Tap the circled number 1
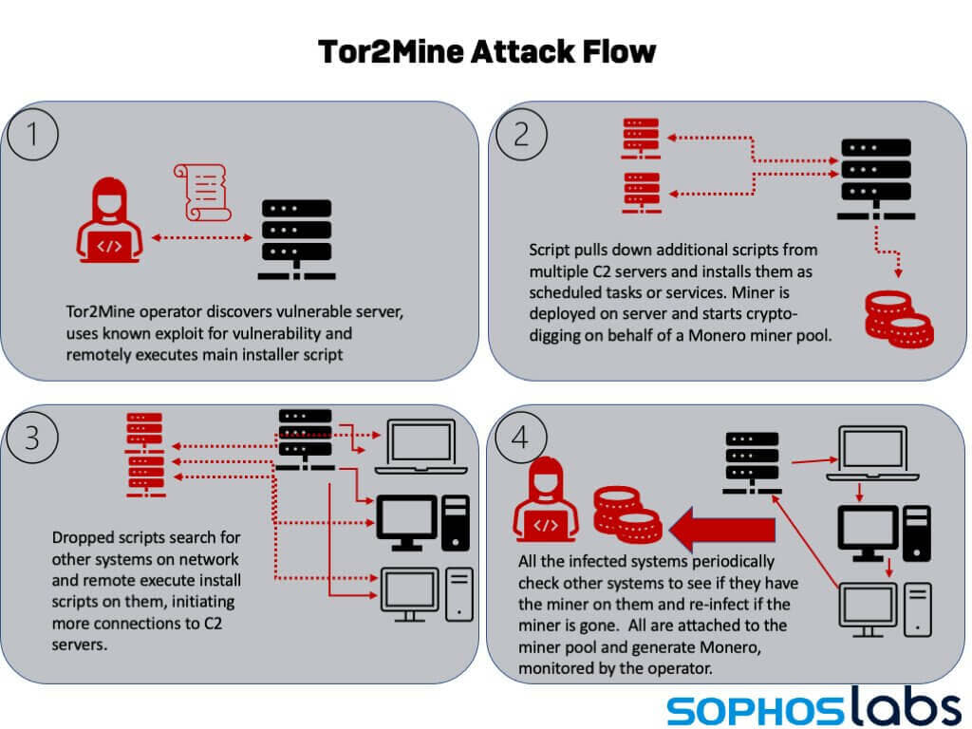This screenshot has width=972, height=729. (33, 134)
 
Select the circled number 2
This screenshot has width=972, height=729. (521, 134)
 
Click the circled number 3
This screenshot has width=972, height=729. (33, 437)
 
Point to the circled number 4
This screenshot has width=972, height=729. (521, 437)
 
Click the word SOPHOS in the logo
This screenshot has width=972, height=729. (749, 708)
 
